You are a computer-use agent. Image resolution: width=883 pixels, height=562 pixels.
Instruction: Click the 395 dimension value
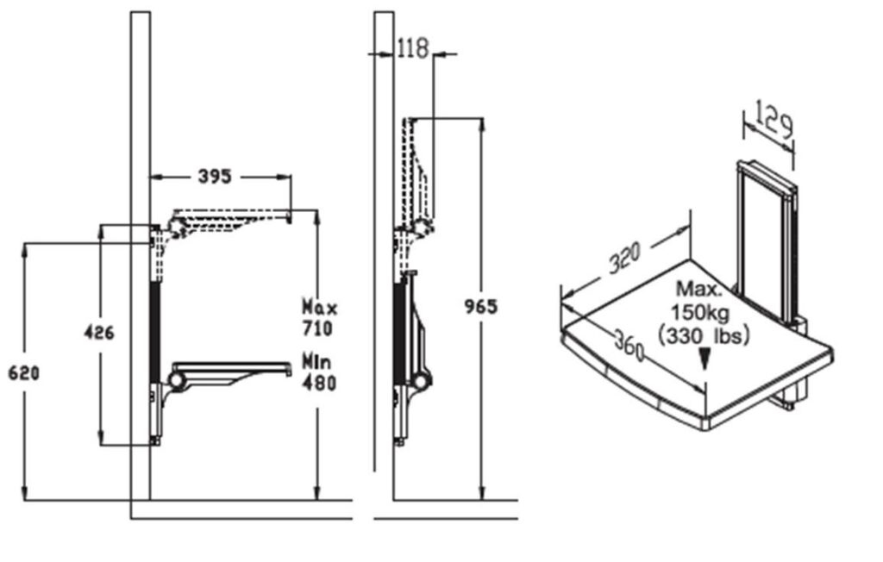(x=215, y=176)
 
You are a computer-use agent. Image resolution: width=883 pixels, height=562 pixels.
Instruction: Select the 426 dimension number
(x=99, y=332)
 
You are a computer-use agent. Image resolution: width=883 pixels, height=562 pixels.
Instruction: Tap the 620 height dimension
(x=23, y=372)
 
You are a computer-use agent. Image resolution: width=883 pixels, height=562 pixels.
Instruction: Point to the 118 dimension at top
(x=413, y=48)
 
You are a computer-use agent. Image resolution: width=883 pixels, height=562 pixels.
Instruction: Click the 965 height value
(x=481, y=307)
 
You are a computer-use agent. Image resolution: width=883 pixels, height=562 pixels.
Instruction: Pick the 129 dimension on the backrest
(x=773, y=119)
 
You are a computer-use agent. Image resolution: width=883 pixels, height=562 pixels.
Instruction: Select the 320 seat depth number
(x=625, y=258)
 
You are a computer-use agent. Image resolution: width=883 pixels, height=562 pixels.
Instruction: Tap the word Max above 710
(x=320, y=308)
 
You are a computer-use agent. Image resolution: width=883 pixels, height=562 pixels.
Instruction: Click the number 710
(x=317, y=328)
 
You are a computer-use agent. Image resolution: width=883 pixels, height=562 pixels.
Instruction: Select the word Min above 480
(x=317, y=361)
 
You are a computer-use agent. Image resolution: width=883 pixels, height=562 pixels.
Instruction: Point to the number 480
(x=319, y=383)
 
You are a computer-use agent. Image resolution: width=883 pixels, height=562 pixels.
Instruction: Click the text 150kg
(x=700, y=312)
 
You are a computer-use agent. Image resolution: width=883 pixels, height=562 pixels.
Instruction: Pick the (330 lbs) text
(x=704, y=336)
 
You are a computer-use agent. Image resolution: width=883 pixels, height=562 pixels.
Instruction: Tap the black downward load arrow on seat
(x=704, y=359)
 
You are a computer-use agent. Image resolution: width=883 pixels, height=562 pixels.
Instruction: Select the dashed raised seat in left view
(x=230, y=219)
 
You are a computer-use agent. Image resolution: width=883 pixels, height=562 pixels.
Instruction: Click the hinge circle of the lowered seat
(x=177, y=380)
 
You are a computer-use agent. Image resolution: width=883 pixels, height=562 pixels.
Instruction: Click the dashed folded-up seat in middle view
(x=419, y=175)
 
